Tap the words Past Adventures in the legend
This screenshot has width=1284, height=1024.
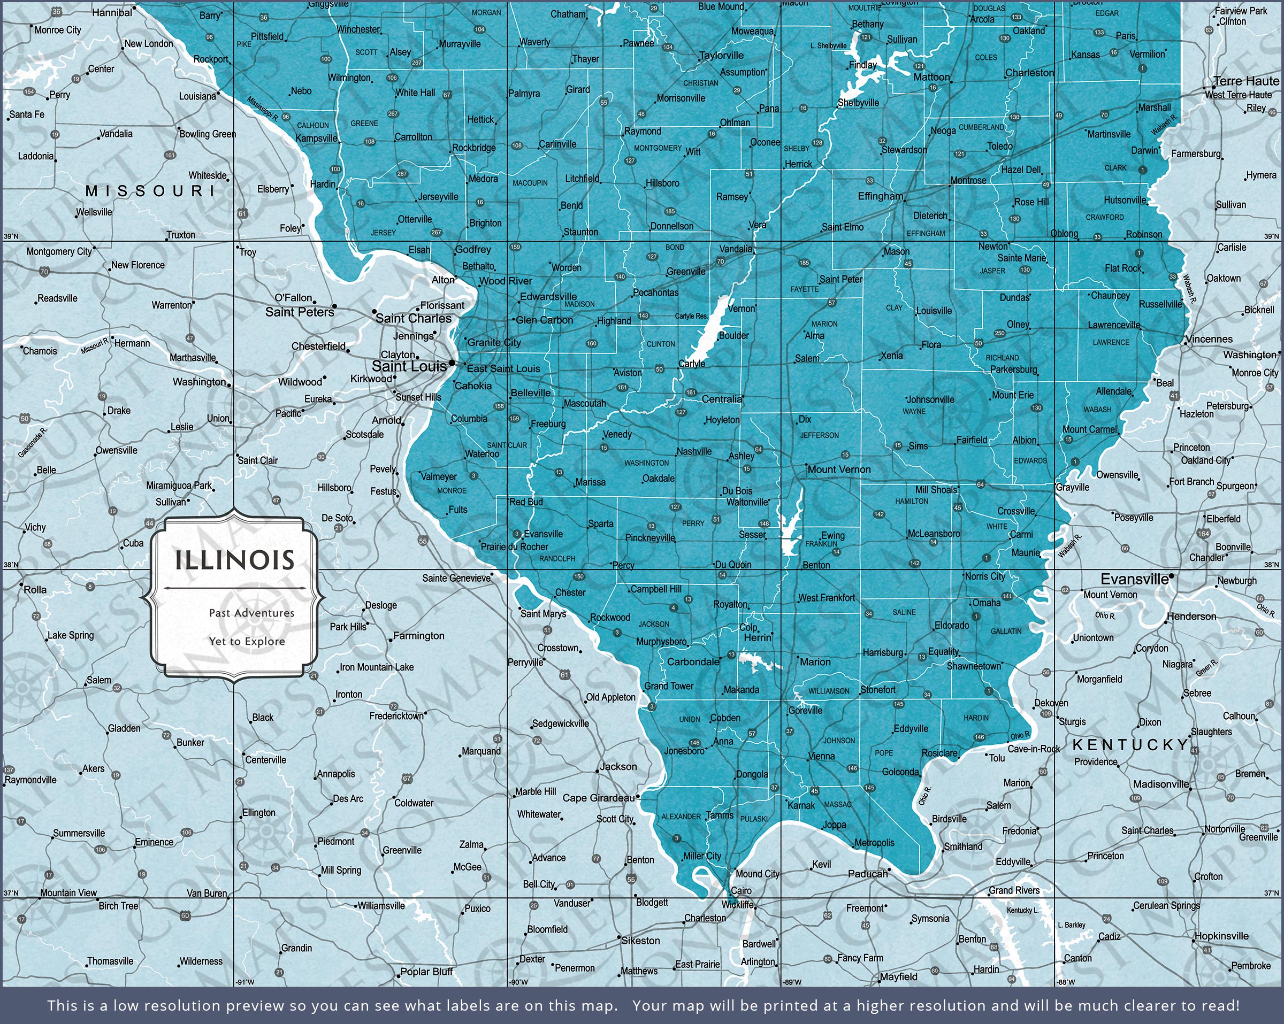coord(251,613)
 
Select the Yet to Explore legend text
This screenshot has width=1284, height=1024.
coord(247,641)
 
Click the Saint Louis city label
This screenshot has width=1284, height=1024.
coord(409,366)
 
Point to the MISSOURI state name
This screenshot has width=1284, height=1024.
coord(150,190)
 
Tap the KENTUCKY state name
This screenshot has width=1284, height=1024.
coord(1130,745)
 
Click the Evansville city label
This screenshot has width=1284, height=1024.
coord(1134,579)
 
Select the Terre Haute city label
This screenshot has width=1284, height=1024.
coord(1246,81)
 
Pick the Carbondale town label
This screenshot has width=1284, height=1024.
coord(693,661)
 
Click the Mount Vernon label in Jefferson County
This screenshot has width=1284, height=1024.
coord(838,469)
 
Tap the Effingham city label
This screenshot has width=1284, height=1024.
coord(880,196)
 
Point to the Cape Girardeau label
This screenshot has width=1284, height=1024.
coord(599,797)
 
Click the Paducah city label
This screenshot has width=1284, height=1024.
coord(867,873)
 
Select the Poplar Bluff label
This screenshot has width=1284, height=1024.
coord(426,971)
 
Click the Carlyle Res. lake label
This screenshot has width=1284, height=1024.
coord(691,316)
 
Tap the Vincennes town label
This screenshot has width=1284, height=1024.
coord(1209,339)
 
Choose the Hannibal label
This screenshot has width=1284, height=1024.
coord(112,12)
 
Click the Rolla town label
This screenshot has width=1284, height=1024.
coord(35,589)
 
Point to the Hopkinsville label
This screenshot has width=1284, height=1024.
coord(1221,935)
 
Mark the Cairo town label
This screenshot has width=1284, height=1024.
coord(741,891)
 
